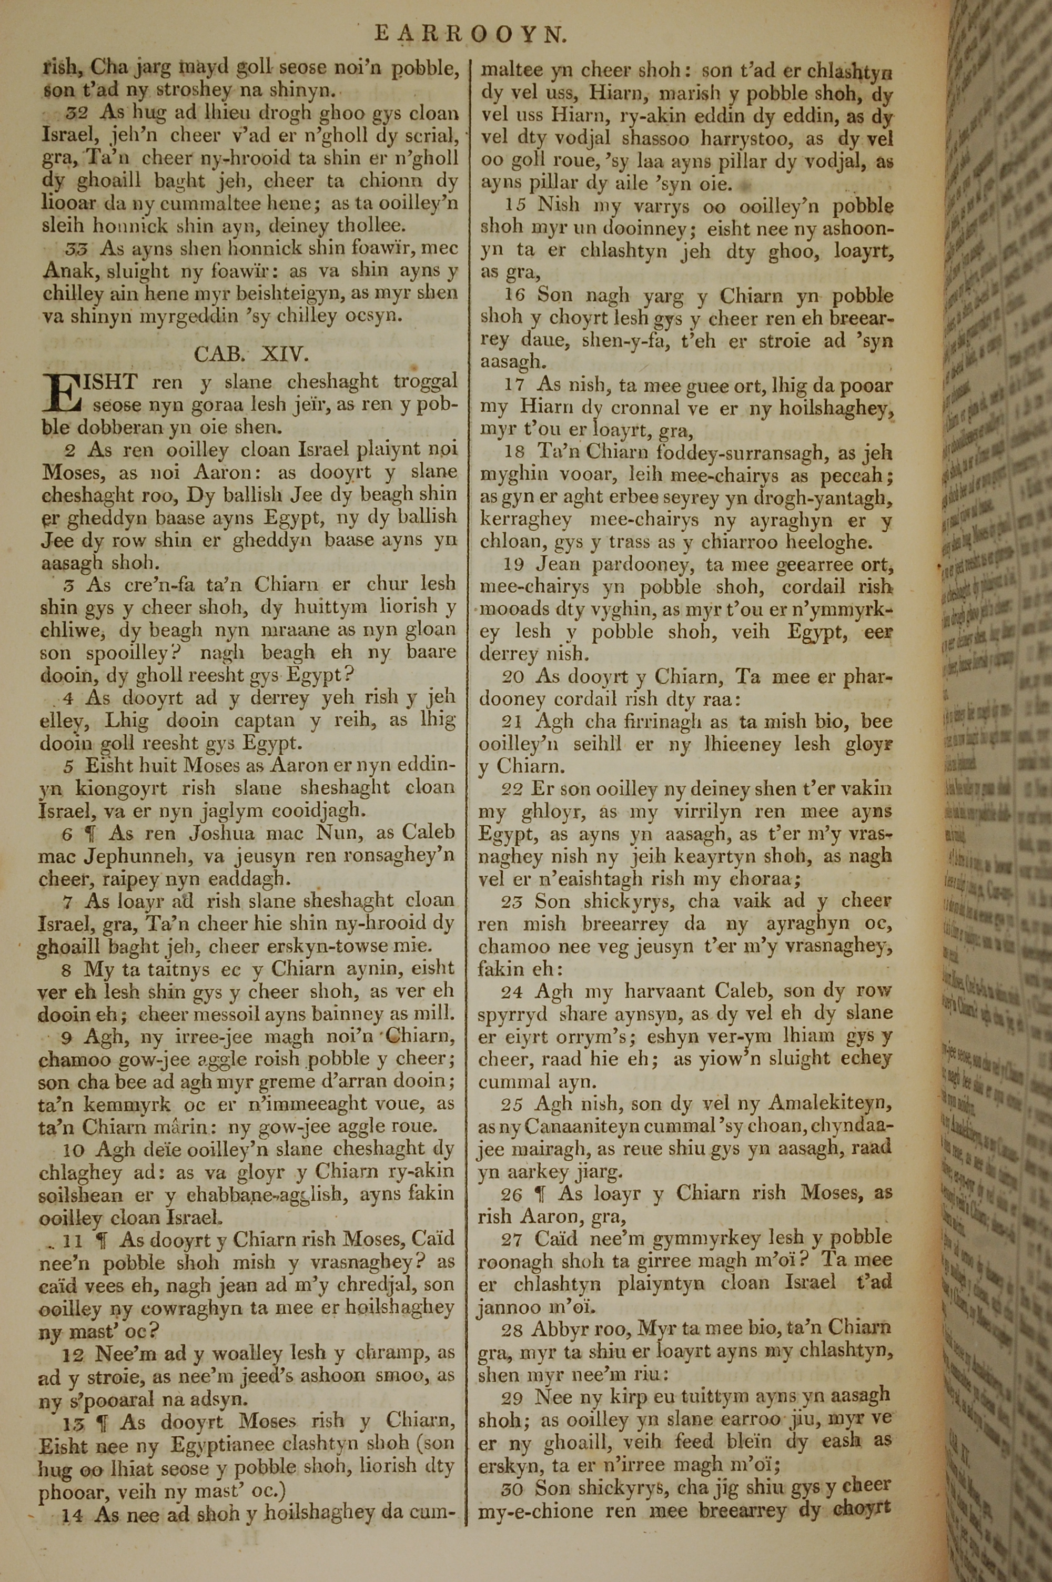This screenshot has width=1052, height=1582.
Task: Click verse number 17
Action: pos(514,386)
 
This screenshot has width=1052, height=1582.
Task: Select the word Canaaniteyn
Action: pos(578,1127)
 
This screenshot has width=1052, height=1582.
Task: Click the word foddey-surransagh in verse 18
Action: pos(737,453)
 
